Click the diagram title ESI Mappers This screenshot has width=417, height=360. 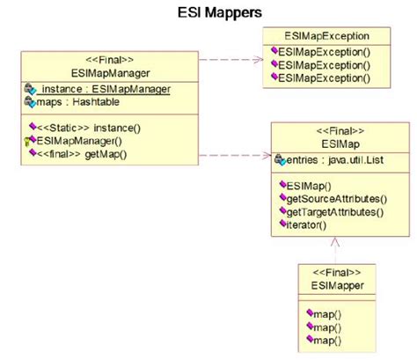click(209, 12)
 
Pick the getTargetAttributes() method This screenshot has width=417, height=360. click(330, 212)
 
